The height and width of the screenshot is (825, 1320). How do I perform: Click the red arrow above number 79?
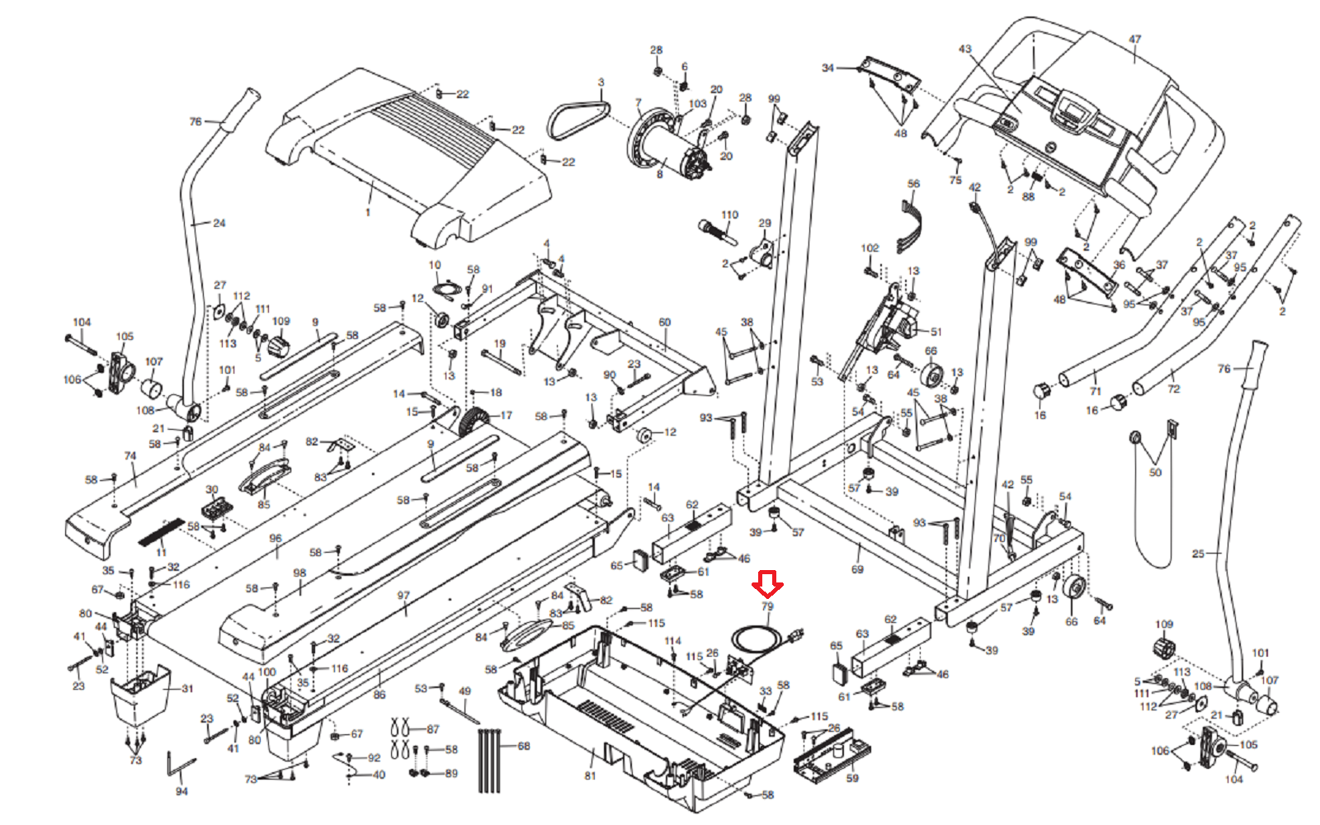pyautogui.click(x=767, y=585)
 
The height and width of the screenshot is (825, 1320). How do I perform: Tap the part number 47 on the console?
pyautogui.click(x=1135, y=40)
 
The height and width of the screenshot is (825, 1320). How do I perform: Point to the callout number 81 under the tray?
pyautogui.click(x=590, y=775)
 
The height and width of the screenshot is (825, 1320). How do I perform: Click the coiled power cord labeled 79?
pyautogui.click(x=756, y=639)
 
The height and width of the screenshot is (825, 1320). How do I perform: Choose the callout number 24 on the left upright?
pyautogui.click(x=219, y=223)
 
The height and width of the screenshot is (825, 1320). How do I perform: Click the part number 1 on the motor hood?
pyautogui.click(x=368, y=212)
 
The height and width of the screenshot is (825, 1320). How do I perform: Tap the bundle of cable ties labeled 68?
pyautogui.click(x=489, y=759)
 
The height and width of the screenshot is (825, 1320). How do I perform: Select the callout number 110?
pyautogui.click(x=730, y=215)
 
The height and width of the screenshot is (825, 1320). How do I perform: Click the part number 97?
pyautogui.click(x=403, y=595)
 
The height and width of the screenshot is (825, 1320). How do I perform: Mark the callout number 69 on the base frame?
pyautogui.click(x=857, y=569)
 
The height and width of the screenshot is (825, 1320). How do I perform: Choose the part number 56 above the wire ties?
pyautogui.click(x=913, y=184)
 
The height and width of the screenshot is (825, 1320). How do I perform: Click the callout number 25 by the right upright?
pyautogui.click(x=1198, y=554)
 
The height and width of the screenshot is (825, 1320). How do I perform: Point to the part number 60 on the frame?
pyautogui.click(x=665, y=323)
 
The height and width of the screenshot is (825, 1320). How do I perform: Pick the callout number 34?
pyautogui.click(x=827, y=68)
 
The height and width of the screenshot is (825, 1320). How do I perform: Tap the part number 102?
pyautogui.click(x=870, y=247)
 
